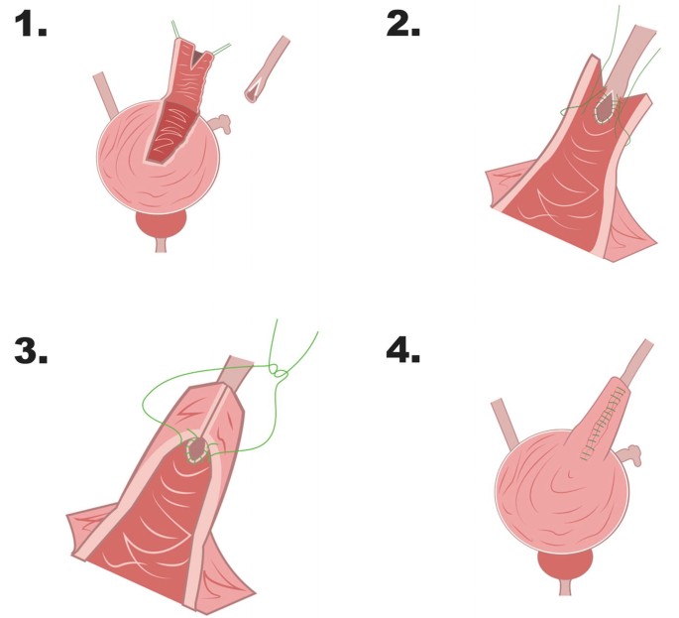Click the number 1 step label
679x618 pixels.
coord(31,24)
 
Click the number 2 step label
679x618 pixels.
coord(402,24)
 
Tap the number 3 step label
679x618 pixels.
coord(31,350)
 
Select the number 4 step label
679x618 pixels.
coord(402,350)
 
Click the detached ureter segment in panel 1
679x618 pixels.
coord(267,69)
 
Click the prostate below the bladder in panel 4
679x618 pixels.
coord(565,564)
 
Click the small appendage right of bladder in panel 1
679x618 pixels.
coord(220,123)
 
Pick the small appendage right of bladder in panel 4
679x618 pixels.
coord(628,454)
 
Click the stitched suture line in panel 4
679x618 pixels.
coord(604,424)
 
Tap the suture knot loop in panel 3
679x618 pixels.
coord(279,372)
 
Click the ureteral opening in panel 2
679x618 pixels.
coord(604,107)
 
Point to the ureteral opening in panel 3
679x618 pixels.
coord(197,449)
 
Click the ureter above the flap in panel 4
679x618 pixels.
coord(637,359)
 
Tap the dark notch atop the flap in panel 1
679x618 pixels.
coord(197,56)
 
